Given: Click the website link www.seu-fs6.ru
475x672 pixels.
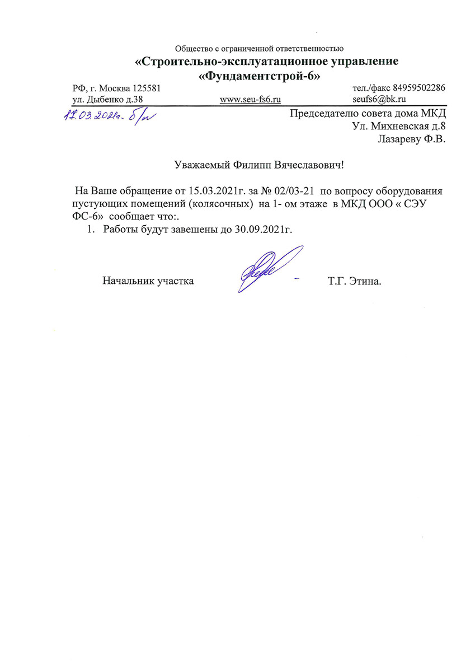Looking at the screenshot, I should tap(250, 99).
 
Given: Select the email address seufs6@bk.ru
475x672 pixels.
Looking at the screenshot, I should tap(379, 99).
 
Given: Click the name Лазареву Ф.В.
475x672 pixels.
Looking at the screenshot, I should tap(412, 139).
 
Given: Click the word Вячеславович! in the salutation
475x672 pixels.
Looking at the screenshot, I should tap(313, 165).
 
